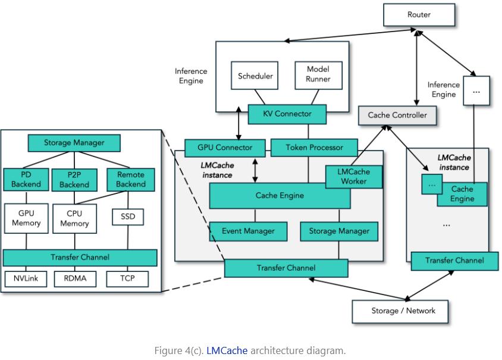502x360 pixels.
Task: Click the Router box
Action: (x=419, y=15)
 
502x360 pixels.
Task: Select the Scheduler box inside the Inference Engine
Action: (x=255, y=76)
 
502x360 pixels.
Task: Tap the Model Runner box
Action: (x=318, y=76)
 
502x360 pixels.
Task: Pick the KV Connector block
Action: (x=287, y=114)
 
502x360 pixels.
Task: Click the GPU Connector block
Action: (x=225, y=148)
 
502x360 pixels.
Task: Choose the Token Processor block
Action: (x=314, y=148)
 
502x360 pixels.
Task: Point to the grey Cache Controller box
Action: (x=397, y=115)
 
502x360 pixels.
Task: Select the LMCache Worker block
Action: (x=354, y=177)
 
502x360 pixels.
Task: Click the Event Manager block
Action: (x=248, y=231)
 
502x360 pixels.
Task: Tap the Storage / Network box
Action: (x=400, y=311)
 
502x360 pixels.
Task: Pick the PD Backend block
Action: (x=26, y=179)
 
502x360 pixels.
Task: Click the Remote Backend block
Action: (x=131, y=179)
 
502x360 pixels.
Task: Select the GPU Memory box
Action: (x=26, y=218)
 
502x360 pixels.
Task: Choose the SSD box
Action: (x=128, y=217)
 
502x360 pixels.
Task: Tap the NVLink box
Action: (x=26, y=278)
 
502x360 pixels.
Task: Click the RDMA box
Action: (x=75, y=278)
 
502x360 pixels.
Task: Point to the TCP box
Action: (x=127, y=278)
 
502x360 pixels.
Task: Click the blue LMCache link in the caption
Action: (x=227, y=350)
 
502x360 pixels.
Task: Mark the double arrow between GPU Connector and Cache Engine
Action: (x=255, y=170)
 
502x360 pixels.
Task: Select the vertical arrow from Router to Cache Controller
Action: (x=416, y=68)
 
